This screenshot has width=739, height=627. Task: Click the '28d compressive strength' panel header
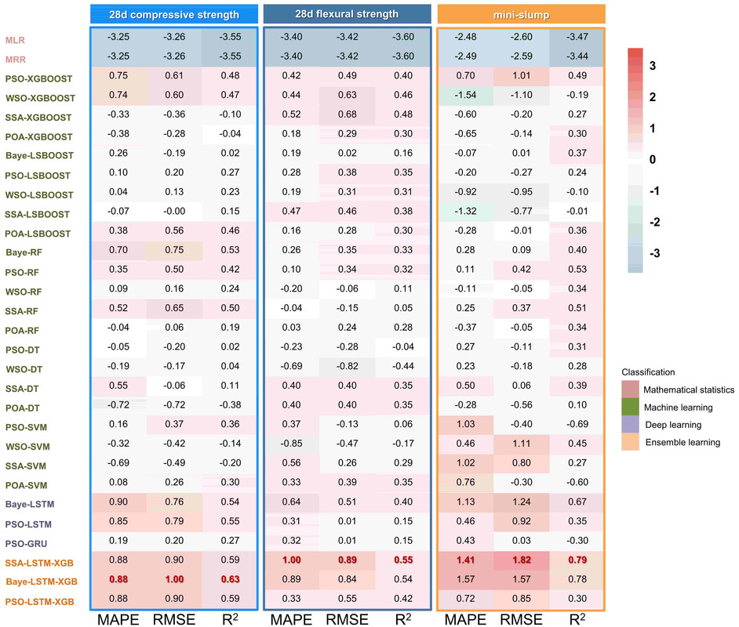pos(174,14)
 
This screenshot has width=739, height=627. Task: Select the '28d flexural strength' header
pos(348,14)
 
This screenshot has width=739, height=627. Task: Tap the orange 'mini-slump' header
pos(521,14)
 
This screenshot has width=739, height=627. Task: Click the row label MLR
pos(14,38)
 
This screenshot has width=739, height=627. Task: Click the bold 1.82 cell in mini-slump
pos(521,561)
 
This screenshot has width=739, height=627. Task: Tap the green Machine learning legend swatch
pos(629,407)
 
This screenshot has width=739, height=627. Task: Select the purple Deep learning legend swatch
pos(629,424)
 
